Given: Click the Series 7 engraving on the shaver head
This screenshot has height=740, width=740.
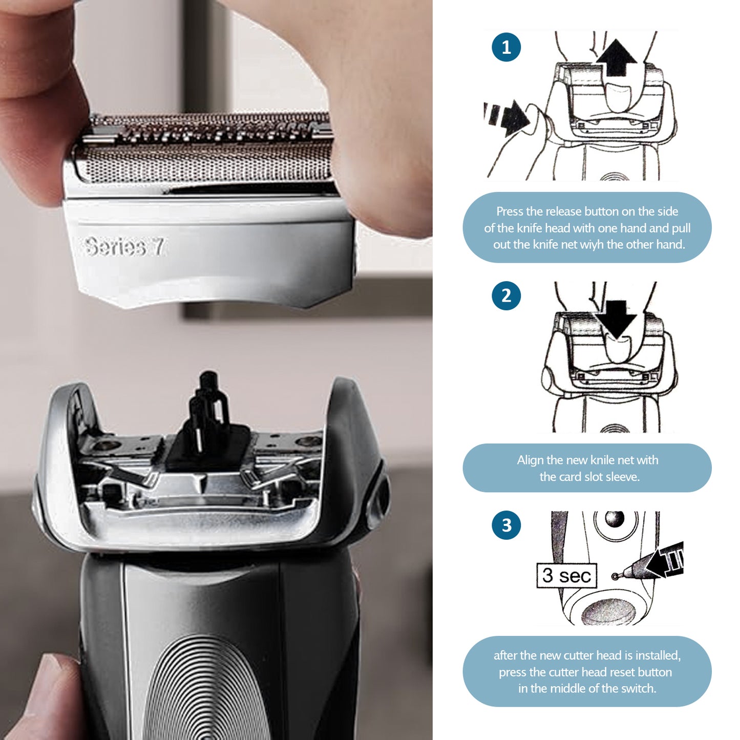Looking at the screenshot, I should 124,247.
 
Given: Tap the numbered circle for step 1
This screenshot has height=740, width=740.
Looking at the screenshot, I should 506,47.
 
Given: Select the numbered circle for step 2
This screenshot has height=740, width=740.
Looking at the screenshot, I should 506,295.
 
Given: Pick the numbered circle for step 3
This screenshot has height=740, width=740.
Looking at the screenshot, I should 506,525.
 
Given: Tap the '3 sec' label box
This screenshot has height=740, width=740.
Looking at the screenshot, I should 566,576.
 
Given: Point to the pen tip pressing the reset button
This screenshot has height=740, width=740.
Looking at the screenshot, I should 617,576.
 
